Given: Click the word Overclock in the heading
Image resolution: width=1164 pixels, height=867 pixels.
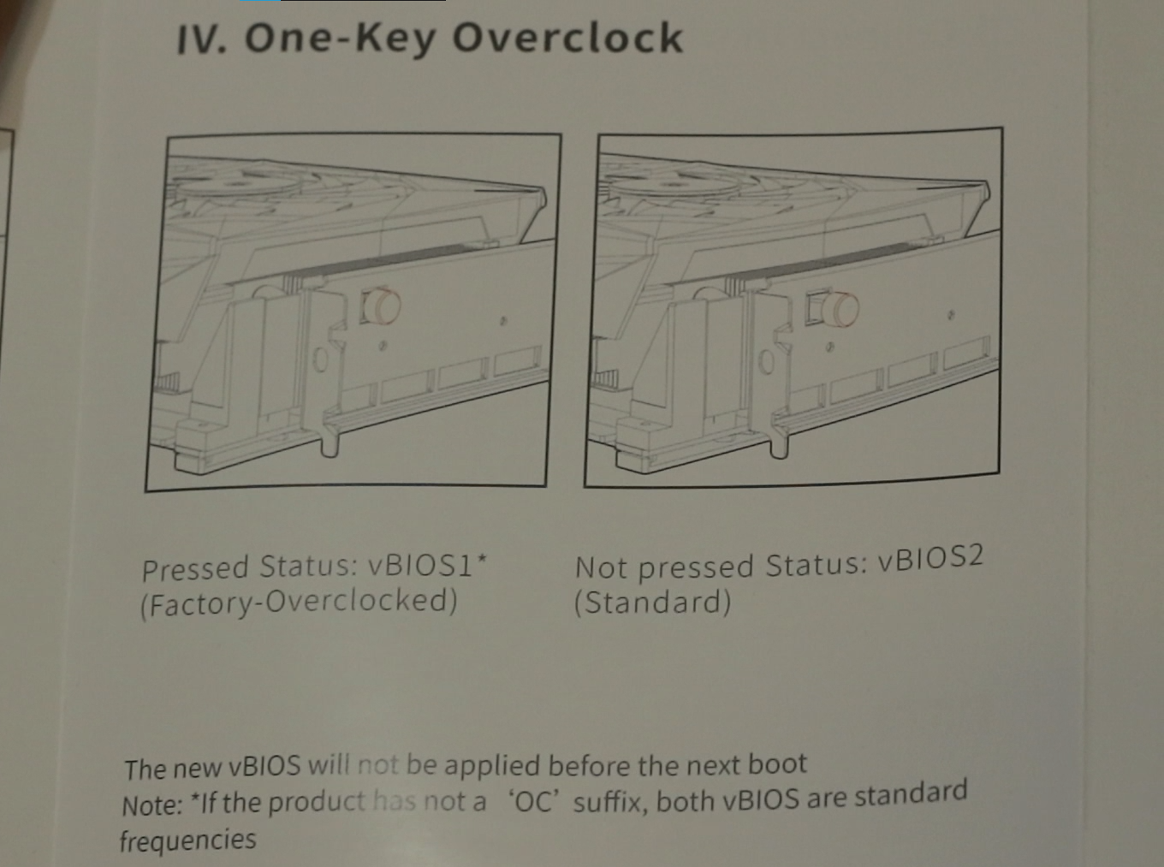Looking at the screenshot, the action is (x=567, y=38).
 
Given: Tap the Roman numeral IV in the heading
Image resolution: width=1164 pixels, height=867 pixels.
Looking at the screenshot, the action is (x=201, y=40).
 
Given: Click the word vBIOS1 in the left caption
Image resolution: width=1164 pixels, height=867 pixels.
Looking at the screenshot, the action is (x=420, y=567).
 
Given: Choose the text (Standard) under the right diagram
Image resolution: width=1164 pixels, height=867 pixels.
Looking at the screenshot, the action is (x=652, y=603).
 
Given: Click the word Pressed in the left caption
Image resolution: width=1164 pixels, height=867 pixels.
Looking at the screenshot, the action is (x=195, y=569).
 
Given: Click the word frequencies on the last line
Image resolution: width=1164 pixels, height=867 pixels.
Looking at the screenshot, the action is (x=188, y=840).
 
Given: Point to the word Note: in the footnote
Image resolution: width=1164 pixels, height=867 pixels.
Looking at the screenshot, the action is (x=152, y=805).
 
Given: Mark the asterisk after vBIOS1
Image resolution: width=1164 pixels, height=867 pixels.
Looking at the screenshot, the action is (x=482, y=558).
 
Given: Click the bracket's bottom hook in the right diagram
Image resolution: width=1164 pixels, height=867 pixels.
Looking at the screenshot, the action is (x=780, y=446).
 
